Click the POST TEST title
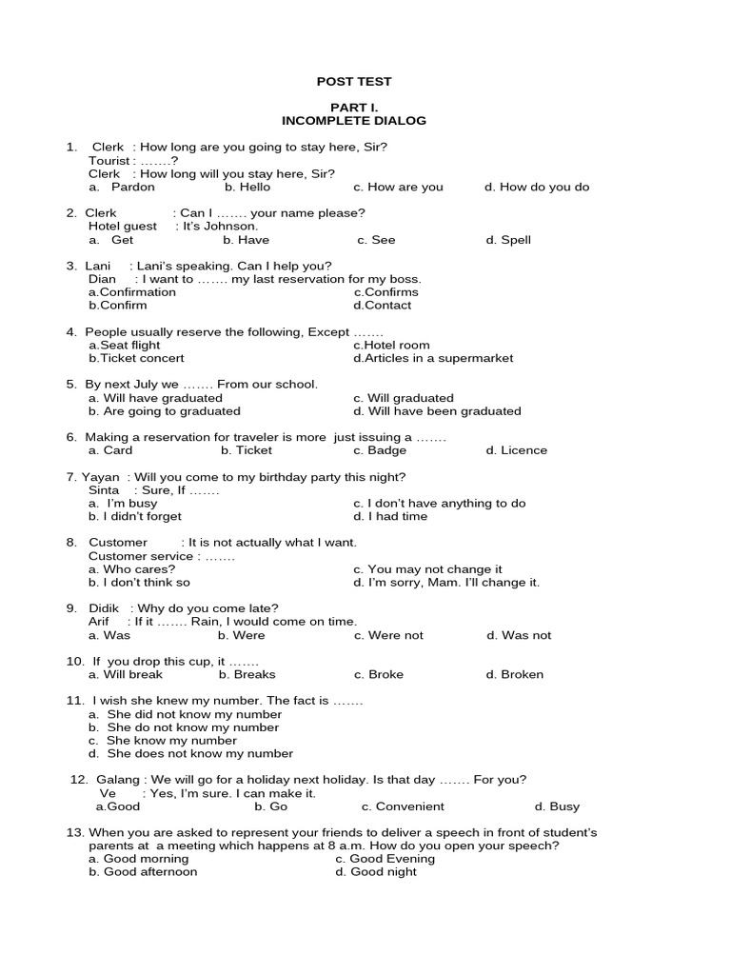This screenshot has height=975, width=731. tap(354, 82)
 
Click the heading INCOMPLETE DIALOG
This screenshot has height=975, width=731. tap(354, 121)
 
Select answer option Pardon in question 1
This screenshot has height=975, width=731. tap(132, 188)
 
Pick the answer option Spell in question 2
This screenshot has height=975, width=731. tap(515, 241)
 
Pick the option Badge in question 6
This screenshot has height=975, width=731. tap(386, 450)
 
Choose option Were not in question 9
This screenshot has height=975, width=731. tap(395, 635)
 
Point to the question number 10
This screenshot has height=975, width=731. tap(75, 661)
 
